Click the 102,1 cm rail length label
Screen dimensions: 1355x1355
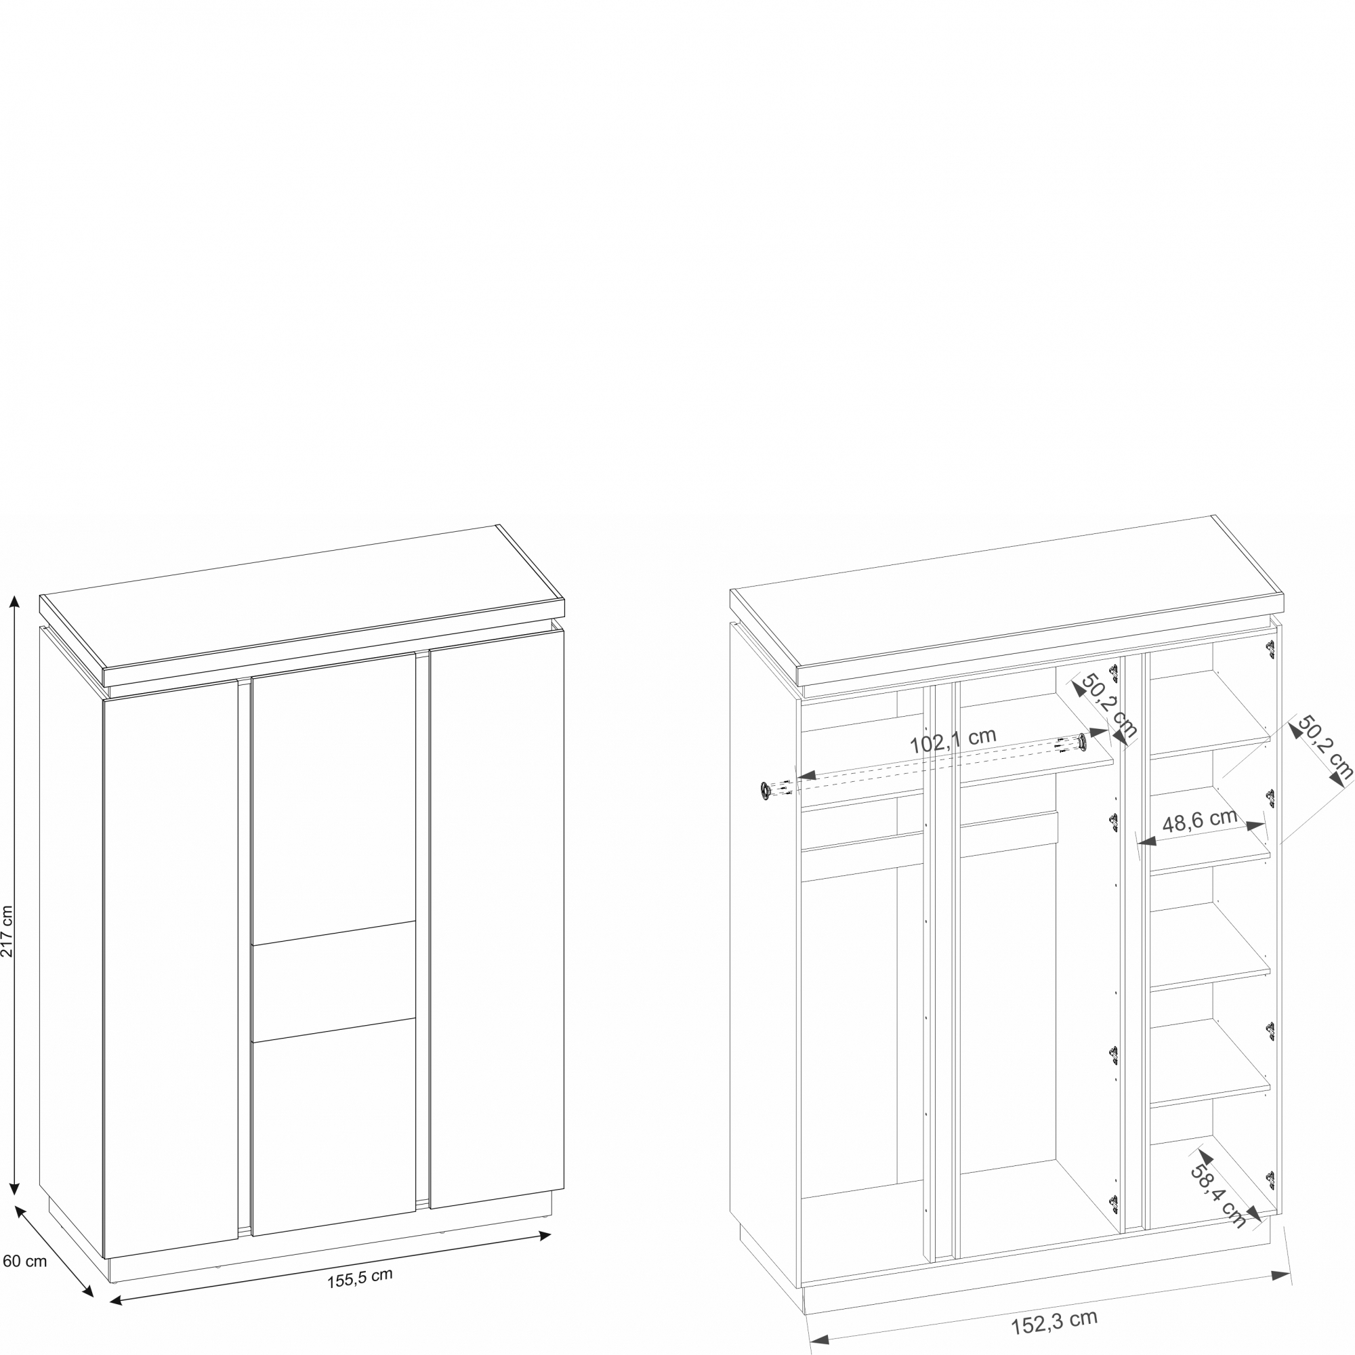coord(953,741)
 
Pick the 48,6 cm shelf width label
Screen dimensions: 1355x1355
coord(1200,821)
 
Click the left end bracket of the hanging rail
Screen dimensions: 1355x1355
coord(764,791)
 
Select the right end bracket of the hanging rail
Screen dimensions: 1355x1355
coord(1082,741)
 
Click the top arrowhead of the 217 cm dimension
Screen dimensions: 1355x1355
coord(14,601)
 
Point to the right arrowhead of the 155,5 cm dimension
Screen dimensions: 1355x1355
coord(545,1236)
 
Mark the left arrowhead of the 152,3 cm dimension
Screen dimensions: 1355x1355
coord(820,1339)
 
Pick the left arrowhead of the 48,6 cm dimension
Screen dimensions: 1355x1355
coord(1146,840)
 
